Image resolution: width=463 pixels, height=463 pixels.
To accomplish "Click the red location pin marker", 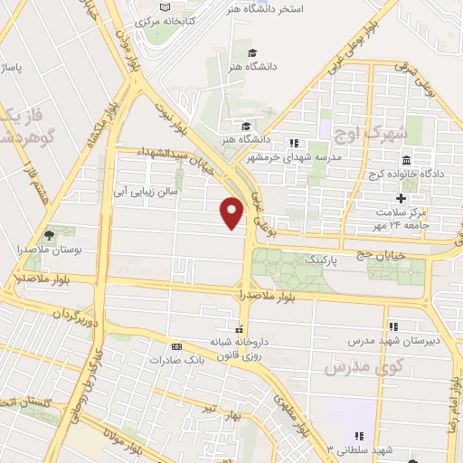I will click(232, 213).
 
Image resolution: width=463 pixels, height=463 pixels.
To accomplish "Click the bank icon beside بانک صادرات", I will click(176, 346).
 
